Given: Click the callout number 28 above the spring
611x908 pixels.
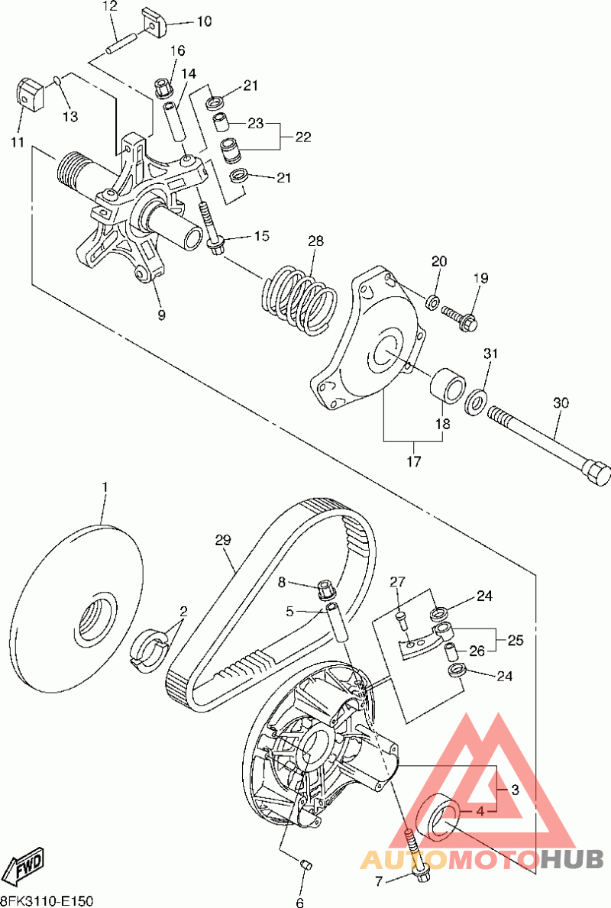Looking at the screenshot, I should click(316, 241).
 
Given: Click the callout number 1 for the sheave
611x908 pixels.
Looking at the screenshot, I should click(105, 486).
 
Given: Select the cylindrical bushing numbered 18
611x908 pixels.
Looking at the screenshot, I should click(447, 386).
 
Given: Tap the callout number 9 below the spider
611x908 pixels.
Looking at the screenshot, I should click(161, 315).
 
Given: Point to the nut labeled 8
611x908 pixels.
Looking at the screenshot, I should click(325, 590).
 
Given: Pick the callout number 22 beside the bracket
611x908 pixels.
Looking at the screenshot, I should click(303, 137).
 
